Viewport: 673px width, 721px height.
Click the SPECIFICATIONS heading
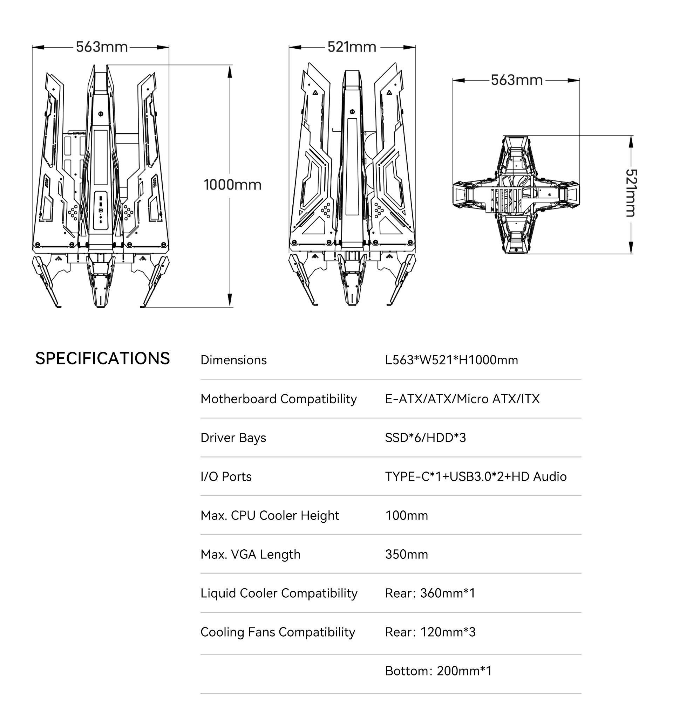pos(102,358)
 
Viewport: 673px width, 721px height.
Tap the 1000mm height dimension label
pos(232,185)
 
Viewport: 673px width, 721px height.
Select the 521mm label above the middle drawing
pos(352,47)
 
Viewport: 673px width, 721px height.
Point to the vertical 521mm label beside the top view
pos(631,193)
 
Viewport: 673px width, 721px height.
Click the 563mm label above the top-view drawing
pos(516,80)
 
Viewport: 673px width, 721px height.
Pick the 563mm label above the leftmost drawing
pos(102,47)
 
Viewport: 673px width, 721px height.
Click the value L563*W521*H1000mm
pos(451,360)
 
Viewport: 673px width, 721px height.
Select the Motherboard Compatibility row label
pos(278,399)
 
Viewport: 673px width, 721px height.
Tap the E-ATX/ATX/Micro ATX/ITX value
pos(462,399)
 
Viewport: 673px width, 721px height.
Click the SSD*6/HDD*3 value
pos(425,438)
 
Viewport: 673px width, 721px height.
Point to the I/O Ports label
pos(226,476)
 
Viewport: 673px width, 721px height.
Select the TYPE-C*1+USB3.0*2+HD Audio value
pos(476,476)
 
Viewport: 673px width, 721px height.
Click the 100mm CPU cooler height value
pos(406,515)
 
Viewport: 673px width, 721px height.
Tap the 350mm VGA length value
pos(406,554)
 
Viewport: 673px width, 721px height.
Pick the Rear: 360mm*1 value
pos(430,593)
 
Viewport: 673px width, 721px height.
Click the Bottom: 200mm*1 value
pos(438,671)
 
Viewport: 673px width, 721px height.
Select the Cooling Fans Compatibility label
pos(278,632)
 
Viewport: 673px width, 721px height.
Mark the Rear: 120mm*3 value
pos(430,632)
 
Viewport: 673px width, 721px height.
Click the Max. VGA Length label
pos(250,554)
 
